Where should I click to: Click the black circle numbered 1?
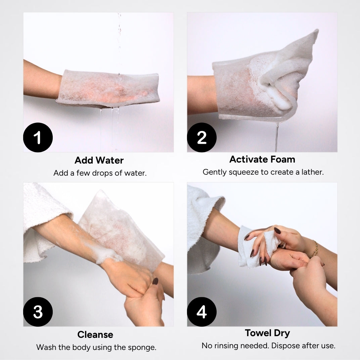click(38, 138)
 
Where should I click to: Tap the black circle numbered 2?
click(201, 138)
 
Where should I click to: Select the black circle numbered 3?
click(38, 312)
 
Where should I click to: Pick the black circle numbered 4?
click(201, 312)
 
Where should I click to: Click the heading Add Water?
click(99, 160)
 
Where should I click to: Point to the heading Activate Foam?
click(262, 159)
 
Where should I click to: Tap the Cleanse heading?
click(95, 334)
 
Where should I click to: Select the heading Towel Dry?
click(267, 333)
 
